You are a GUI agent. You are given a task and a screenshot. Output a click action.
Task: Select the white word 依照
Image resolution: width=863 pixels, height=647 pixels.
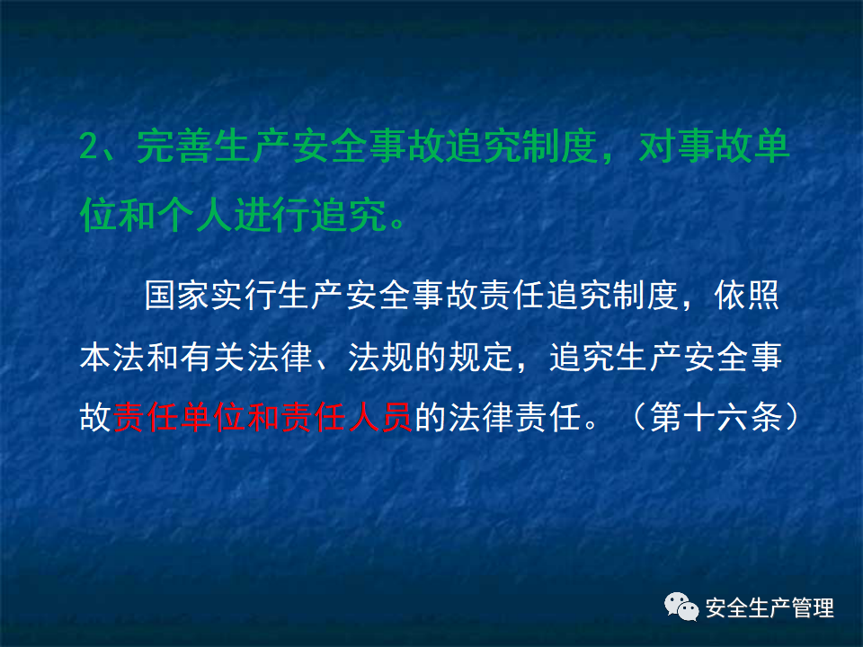747,297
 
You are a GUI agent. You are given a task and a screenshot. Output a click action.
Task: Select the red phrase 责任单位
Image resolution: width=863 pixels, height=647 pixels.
179,419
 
